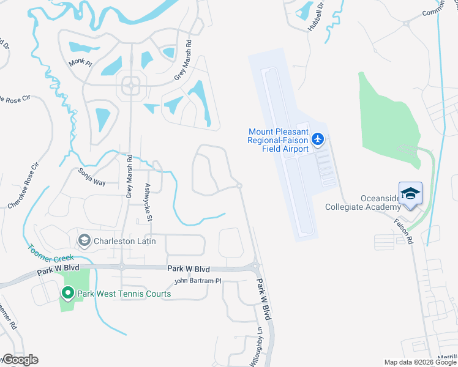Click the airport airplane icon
(317, 140)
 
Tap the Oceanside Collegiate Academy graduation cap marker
(410, 194)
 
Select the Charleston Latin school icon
(84, 240)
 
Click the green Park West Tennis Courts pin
(68, 294)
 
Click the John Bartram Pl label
(197, 281)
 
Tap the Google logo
(20, 360)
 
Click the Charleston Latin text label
(124, 241)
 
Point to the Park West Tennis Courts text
(123, 294)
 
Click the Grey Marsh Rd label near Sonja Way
(129, 176)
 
